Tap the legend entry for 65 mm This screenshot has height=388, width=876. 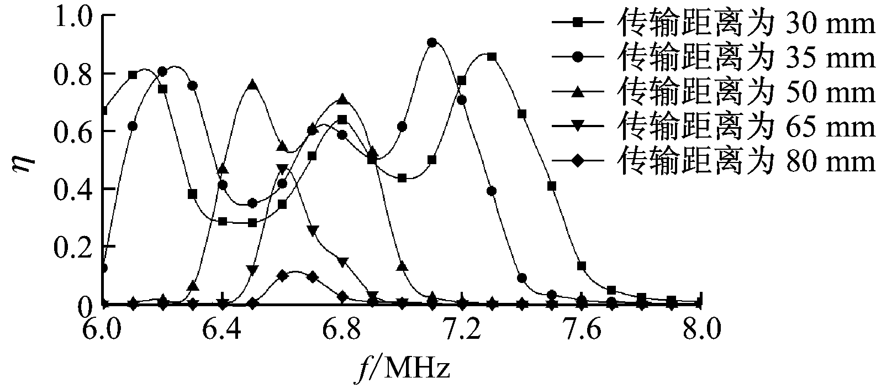point(713,126)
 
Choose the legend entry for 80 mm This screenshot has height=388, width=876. point(713,161)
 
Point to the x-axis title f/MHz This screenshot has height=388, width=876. point(402,368)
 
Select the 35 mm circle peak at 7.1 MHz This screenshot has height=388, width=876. point(432,43)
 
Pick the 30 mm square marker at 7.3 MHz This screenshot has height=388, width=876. point(492,57)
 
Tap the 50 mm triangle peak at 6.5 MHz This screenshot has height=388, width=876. point(252,85)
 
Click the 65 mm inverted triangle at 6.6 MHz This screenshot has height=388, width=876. point(282,169)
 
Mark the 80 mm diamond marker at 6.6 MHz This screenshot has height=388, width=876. point(282,275)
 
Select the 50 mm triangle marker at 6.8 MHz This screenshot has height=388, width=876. point(342,99)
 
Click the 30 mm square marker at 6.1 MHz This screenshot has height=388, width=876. point(133,75)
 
